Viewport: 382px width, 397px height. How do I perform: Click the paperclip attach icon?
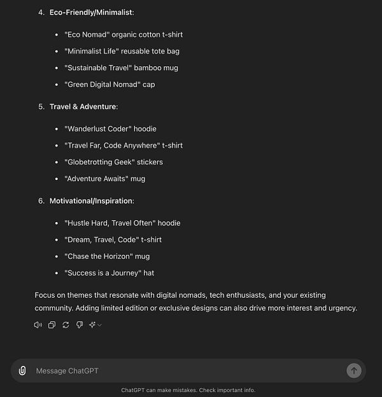[22, 370]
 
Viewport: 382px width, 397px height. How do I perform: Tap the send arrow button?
[353, 370]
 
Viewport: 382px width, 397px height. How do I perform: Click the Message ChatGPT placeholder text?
[67, 371]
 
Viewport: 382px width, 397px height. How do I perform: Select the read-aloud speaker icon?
[38, 325]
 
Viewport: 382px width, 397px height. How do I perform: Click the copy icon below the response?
[52, 325]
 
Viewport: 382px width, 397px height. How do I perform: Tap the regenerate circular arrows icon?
[66, 325]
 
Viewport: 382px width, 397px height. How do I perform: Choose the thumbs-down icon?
[80, 325]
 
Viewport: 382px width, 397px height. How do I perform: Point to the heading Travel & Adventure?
[83, 106]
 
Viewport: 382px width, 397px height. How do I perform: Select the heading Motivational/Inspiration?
[92, 200]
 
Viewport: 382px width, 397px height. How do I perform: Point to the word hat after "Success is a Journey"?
[148, 273]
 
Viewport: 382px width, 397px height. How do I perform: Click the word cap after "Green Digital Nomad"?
[148, 84]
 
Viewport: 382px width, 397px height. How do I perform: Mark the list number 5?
[41, 106]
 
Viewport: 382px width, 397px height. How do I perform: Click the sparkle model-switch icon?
[94, 325]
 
